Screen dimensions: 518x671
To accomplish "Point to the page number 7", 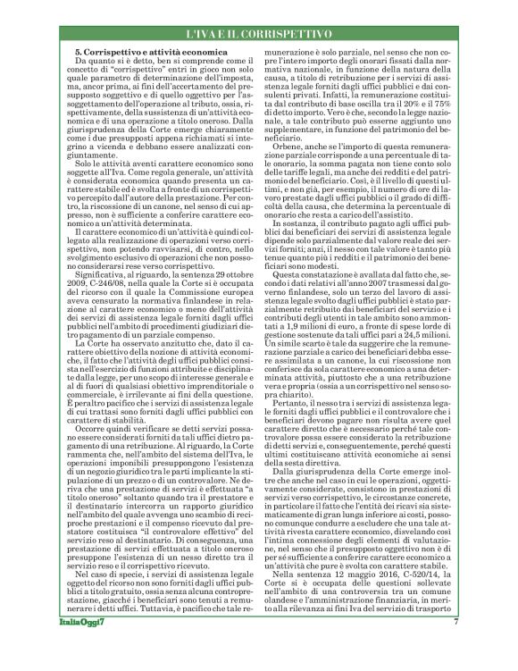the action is point(455,644).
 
